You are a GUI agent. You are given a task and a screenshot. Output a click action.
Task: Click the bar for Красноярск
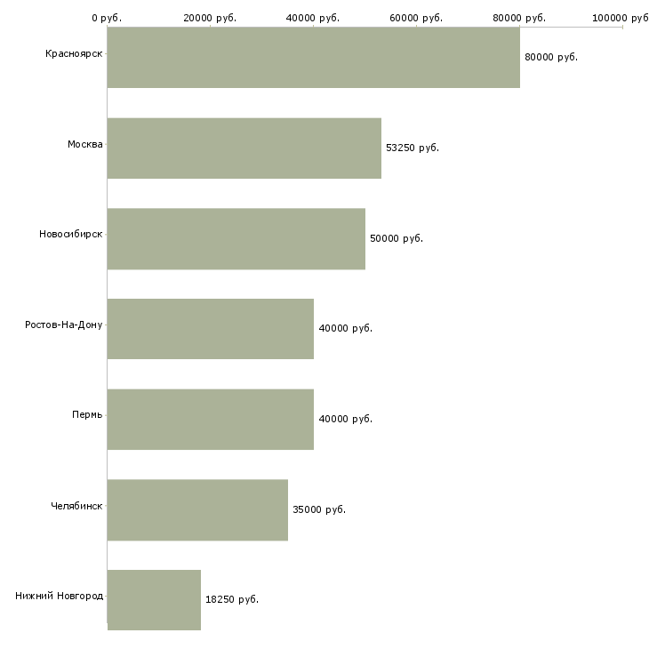click(313, 57)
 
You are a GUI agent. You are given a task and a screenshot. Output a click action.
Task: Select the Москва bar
click(244, 148)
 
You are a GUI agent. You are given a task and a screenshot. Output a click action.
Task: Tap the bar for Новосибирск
click(236, 239)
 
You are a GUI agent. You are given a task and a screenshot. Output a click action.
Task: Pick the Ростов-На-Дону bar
click(211, 329)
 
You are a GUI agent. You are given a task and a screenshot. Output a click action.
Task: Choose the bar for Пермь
click(211, 420)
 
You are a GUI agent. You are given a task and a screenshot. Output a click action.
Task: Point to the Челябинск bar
click(197, 510)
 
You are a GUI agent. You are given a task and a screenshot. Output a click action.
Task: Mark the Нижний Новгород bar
click(154, 600)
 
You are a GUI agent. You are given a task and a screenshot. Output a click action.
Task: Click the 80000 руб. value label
click(551, 57)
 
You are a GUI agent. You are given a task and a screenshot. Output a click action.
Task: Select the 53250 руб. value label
click(413, 148)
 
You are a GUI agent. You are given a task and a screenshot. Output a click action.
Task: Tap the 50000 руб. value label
click(397, 238)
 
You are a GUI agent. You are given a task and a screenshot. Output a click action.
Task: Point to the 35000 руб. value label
click(319, 509)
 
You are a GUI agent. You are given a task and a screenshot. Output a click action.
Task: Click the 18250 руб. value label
click(232, 599)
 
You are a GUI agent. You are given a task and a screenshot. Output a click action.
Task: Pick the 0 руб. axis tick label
click(107, 18)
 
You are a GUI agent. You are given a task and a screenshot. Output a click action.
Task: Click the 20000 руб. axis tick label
click(210, 18)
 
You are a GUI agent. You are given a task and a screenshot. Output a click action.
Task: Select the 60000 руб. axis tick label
click(416, 18)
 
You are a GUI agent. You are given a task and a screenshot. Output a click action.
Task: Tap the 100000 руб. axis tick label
click(621, 18)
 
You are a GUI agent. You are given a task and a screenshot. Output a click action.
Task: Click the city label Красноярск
click(74, 54)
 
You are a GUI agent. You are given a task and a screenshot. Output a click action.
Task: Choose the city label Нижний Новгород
click(60, 596)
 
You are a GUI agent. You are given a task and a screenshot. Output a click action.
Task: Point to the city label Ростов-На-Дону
click(64, 324)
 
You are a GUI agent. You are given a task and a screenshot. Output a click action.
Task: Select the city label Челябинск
click(76, 506)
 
